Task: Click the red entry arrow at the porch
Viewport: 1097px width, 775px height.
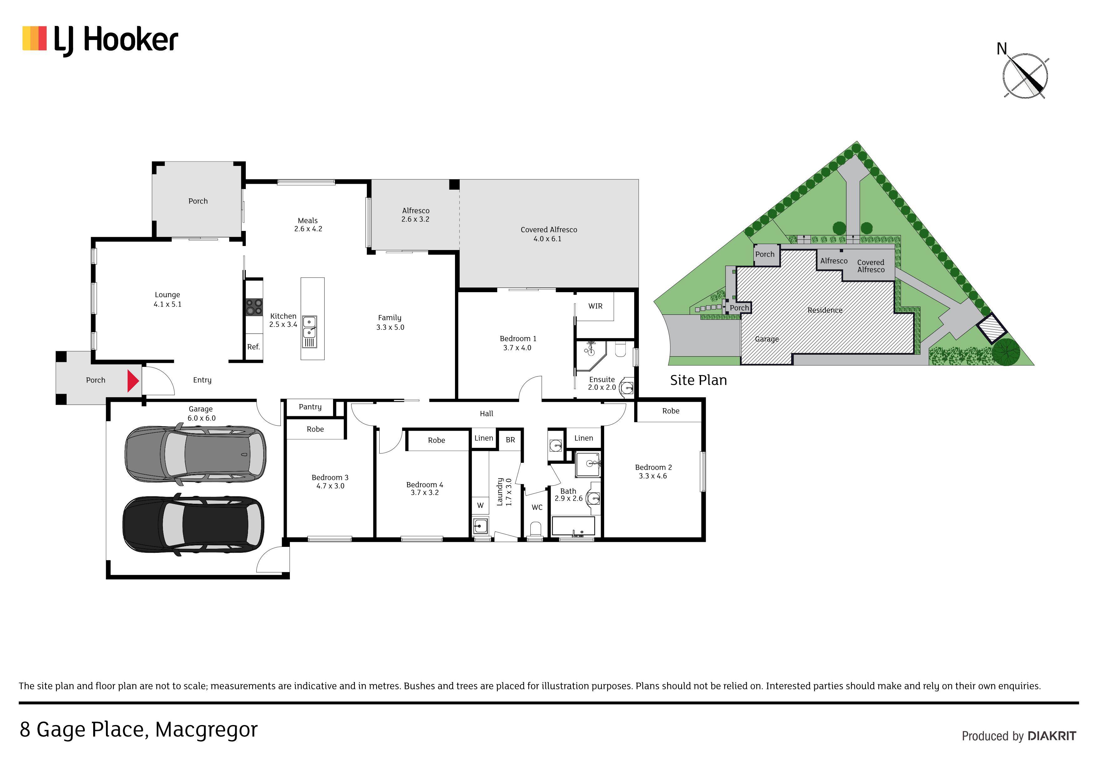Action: pos(132,381)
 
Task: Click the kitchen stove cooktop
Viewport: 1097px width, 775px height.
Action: pos(254,307)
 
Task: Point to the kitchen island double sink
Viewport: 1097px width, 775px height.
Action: pos(309,331)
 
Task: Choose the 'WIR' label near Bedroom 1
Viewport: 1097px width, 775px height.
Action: pos(595,306)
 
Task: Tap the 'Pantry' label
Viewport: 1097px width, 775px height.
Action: pos(310,407)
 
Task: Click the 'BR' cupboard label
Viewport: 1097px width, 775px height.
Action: pos(510,440)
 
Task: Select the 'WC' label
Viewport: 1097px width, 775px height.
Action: pos(537,507)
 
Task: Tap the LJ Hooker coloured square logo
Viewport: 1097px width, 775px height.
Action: pos(34,38)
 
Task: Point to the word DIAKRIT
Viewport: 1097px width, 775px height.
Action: pos(1052,736)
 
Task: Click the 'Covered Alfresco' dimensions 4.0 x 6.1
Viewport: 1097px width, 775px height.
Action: pos(548,239)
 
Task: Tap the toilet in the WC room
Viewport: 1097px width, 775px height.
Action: pos(536,529)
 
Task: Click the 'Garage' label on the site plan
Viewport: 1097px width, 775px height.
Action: pos(766,339)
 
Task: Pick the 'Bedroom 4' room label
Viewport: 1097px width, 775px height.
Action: pos(424,485)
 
